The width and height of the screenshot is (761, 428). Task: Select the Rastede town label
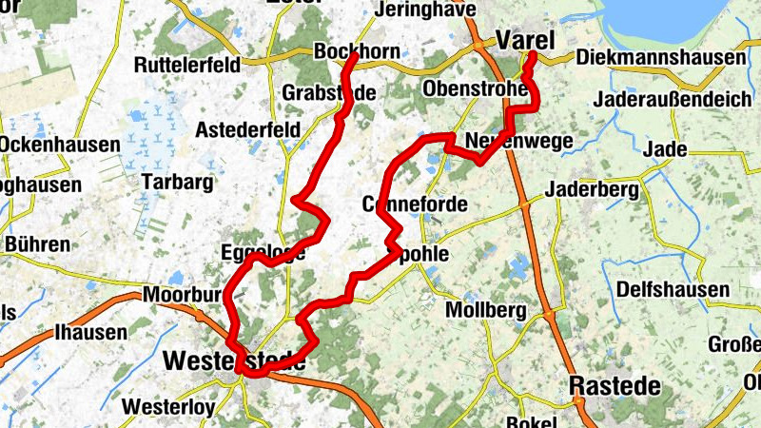coord(615,386)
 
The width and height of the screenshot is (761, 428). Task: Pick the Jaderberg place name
coord(591,190)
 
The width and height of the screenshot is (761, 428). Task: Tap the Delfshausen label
coord(673,289)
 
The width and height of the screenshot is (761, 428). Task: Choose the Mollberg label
coord(486,310)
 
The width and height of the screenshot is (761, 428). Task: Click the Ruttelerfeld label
coord(186,66)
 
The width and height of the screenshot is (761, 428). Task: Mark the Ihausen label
coord(90,332)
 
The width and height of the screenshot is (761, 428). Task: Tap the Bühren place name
coord(37,244)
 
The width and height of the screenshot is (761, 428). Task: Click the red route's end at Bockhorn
coord(353,57)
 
